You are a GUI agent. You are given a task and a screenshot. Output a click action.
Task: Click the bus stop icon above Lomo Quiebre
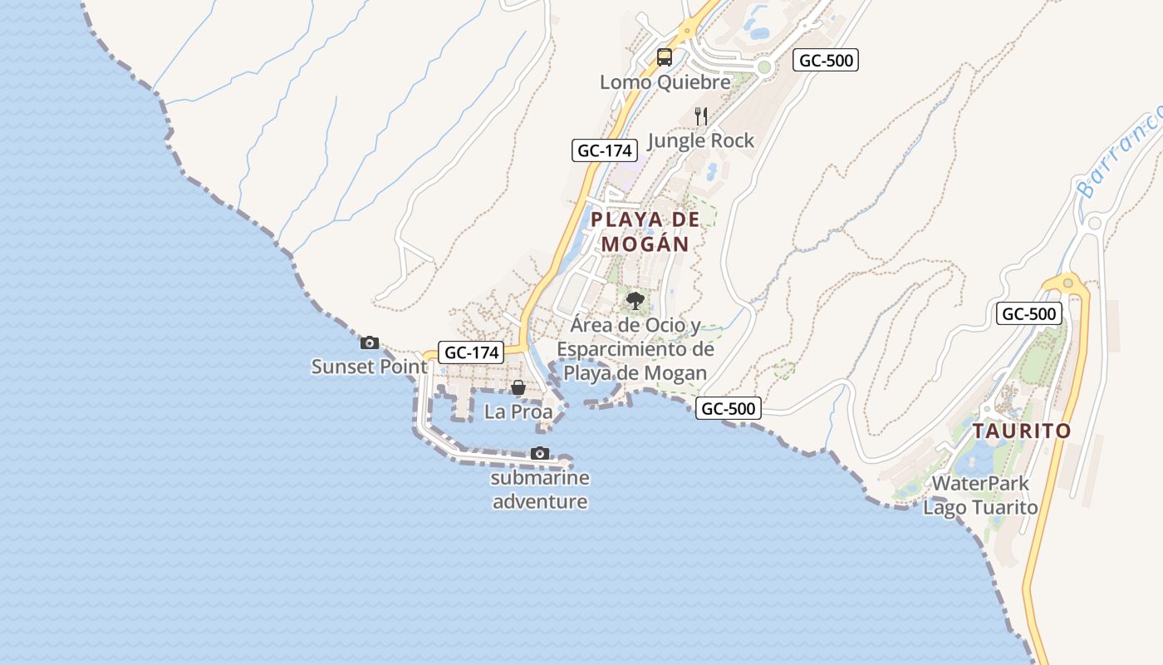tap(664, 57)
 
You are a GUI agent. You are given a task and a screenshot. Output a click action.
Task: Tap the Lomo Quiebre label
tap(665, 82)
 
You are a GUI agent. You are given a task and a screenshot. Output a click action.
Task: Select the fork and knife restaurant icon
tap(701, 116)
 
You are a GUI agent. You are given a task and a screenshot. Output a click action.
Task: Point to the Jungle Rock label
tap(700, 140)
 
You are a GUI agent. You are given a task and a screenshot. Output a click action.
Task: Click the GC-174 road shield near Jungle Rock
tap(605, 150)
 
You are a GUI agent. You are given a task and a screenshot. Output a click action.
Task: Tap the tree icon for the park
tap(635, 301)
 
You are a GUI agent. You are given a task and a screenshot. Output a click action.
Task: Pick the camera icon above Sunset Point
tap(370, 342)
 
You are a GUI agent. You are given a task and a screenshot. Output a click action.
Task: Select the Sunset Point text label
tap(370, 367)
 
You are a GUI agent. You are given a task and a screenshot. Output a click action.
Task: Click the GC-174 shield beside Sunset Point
tap(472, 352)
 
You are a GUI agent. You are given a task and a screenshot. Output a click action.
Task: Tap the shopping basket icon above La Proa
tap(518, 387)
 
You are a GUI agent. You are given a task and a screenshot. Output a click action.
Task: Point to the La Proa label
tap(518, 411)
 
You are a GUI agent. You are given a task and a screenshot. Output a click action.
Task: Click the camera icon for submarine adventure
tap(540, 453)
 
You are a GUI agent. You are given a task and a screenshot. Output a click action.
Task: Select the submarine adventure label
tap(540, 490)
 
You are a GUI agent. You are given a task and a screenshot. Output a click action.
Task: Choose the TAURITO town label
tap(1022, 431)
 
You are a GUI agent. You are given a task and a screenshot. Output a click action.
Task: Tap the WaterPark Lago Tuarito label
tap(980, 495)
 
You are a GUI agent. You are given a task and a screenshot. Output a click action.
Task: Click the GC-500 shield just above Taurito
tap(1029, 314)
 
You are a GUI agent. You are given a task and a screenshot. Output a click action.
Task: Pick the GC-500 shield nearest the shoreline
tap(729, 408)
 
